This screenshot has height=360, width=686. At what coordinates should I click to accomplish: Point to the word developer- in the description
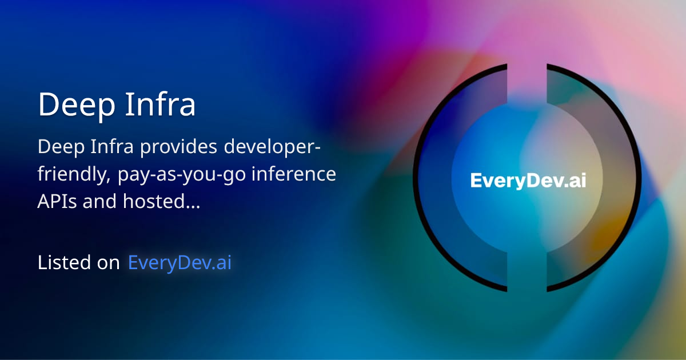point(273,147)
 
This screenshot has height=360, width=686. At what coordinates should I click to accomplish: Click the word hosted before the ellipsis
point(149,202)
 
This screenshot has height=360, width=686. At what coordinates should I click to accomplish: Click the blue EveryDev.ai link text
point(180,263)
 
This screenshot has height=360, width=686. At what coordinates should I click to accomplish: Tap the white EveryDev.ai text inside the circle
point(528,181)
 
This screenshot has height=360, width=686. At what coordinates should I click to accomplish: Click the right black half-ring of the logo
point(632,180)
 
